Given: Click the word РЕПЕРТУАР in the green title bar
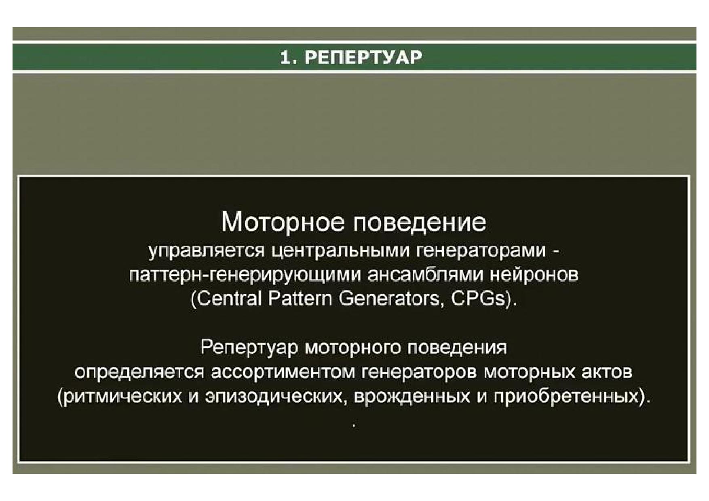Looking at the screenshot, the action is coord(363,58).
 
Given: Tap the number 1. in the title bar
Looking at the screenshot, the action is coord(289,58).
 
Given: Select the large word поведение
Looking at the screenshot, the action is coord(420,223).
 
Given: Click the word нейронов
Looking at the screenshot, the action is coord(534,275).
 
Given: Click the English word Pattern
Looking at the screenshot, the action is coord(300,299).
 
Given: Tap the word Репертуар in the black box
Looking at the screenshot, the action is coord(249,348).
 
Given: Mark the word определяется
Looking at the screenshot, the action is coord(139,372).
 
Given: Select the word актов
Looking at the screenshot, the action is coord(607,372).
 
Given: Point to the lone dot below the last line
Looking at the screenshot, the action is coord(354,426).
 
